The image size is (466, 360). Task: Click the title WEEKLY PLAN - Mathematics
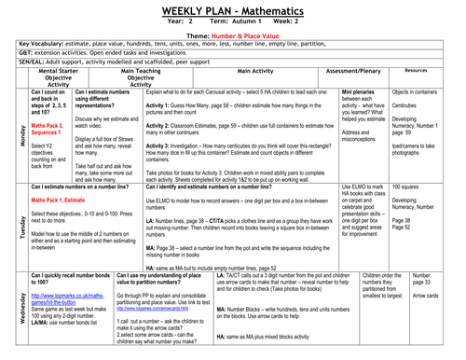232,9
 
